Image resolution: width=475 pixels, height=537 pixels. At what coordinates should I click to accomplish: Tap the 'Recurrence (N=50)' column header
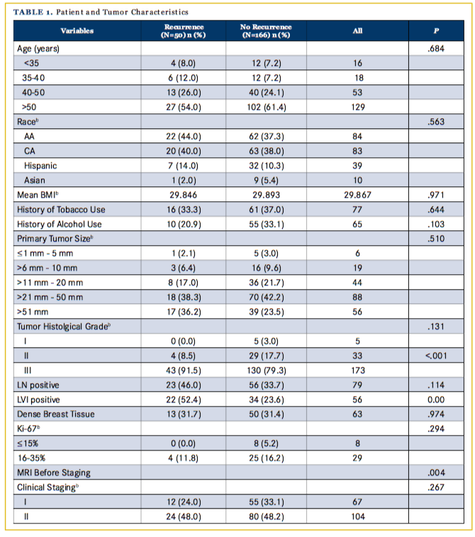click(183, 30)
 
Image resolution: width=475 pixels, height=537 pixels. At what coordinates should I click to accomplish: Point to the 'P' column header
click(436, 30)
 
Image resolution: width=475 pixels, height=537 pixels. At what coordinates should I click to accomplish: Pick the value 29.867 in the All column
click(357, 193)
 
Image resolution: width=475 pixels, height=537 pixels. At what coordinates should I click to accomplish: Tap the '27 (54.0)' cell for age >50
click(183, 107)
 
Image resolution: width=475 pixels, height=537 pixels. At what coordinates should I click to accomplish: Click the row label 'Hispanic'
click(40, 164)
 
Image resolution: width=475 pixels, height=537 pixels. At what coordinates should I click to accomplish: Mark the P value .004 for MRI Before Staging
click(436, 471)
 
